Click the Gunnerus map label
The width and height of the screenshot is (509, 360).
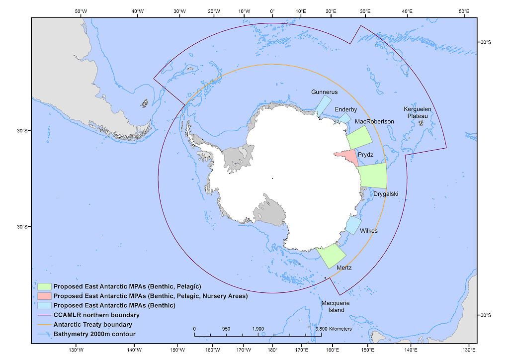tap(324, 92)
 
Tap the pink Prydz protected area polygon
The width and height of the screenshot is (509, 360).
tap(349, 157)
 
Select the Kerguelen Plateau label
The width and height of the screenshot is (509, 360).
tap(418, 112)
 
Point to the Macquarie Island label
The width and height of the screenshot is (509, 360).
tap(332, 306)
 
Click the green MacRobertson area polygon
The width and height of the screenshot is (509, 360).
tap(360, 137)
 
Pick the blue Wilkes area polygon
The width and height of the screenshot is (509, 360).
tap(353, 225)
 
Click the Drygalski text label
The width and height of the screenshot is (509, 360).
tap(386, 194)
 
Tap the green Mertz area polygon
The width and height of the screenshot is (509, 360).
tap(332, 256)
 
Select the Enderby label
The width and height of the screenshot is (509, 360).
tap(345, 109)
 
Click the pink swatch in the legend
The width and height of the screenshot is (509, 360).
tap(44, 296)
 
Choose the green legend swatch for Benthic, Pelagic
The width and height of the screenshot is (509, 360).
tap(44, 286)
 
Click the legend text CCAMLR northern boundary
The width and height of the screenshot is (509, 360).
tap(96, 315)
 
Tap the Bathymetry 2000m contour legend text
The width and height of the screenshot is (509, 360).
tap(94, 334)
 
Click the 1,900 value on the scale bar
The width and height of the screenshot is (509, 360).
tap(258, 329)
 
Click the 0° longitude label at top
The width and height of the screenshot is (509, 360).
tap(272, 11)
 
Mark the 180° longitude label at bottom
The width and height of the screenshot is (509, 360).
tap(272, 350)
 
